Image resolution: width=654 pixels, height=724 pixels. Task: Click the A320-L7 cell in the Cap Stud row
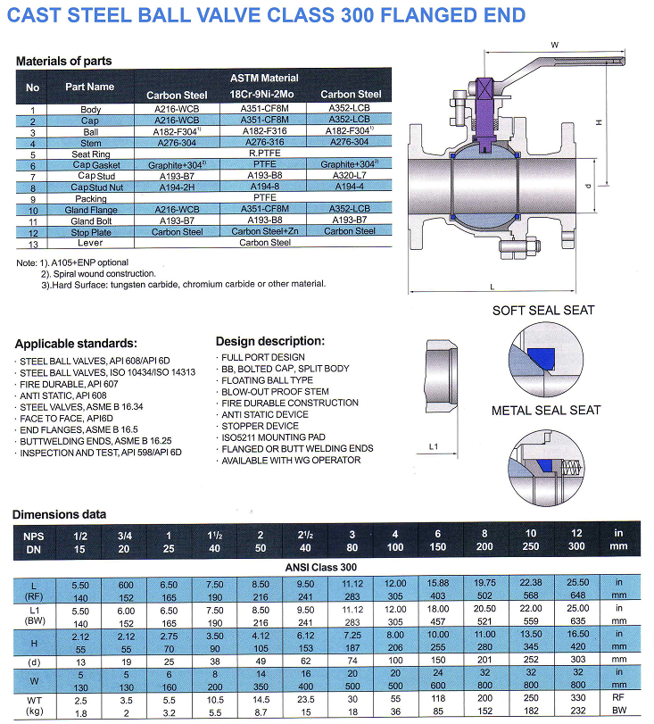tap(349, 176)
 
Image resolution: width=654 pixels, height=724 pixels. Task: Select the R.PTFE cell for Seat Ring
tap(264, 153)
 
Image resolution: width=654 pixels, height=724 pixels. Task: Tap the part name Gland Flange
tap(90, 210)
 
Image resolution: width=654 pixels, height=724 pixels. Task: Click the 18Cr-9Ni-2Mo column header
tap(261, 95)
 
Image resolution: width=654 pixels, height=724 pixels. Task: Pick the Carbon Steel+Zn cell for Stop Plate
tap(264, 231)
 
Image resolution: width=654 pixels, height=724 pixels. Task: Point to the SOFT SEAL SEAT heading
tap(543, 311)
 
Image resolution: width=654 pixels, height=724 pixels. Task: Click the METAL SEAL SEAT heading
tap(545, 411)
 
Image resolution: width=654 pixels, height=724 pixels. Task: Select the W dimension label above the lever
tap(554, 45)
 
